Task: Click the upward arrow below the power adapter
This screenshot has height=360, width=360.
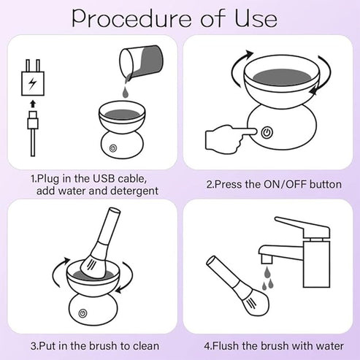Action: (x=34, y=107)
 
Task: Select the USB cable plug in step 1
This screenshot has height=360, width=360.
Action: (x=34, y=124)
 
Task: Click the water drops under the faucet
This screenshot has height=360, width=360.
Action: (x=267, y=277)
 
